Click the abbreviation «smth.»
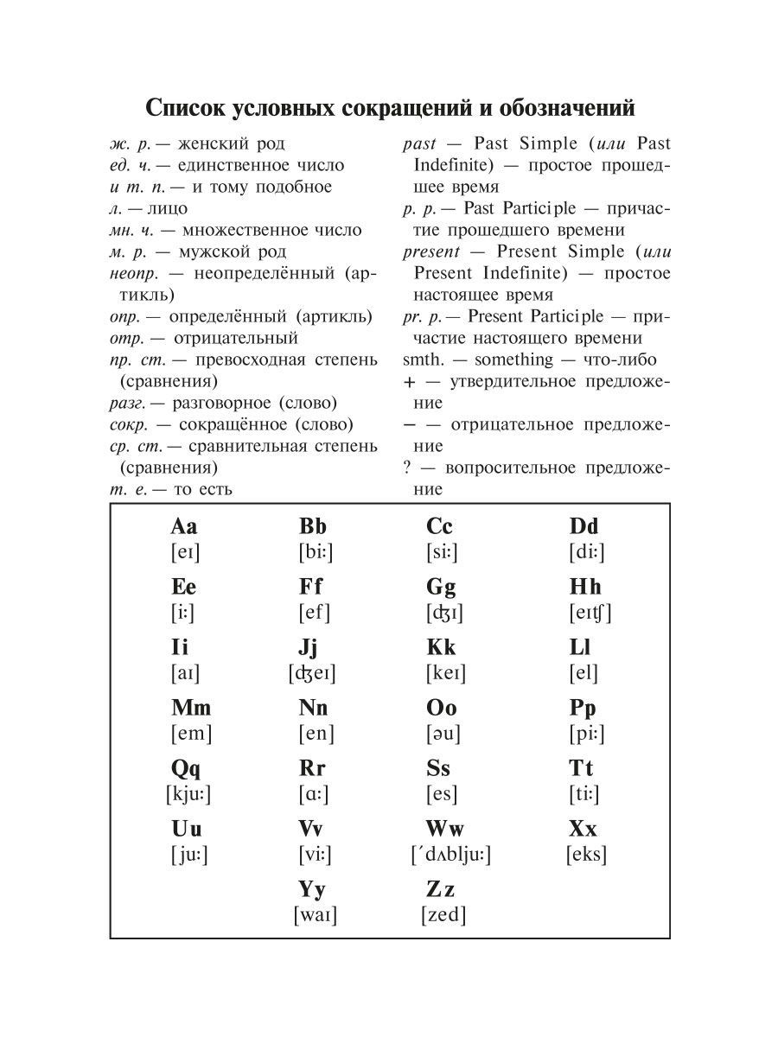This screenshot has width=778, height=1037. pyautogui.click(x=424, y=359)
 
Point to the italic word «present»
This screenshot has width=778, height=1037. pyautogui.click(x=431, y=251)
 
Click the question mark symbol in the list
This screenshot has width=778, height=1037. pyautogui.click(x=407, y=468)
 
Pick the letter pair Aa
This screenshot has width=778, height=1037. pyautogui.click(x=184, y=526)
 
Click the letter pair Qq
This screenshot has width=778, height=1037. pyautogui.click(x=187, y=768)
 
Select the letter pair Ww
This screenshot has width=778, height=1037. pyautogui.click(x=446, y=829)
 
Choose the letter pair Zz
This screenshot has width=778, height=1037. pyautogui.click(x=440, y=889)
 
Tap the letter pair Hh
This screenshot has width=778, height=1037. pyautogui.click(x=585, y=587)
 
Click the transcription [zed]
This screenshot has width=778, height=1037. pyautogui.click(x=443, y=915)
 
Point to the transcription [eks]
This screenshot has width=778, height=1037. pyautogui.click(x=586, y=855)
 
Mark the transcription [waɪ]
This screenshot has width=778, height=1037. pyautogui.click(x=315, y=915)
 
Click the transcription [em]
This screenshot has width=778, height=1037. pyautogui.click(x=191, y=734)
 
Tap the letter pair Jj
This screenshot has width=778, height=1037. pyautogui.click(x=309, y=647)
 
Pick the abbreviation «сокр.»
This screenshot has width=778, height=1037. pyautogui.click(x=131, y=424)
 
